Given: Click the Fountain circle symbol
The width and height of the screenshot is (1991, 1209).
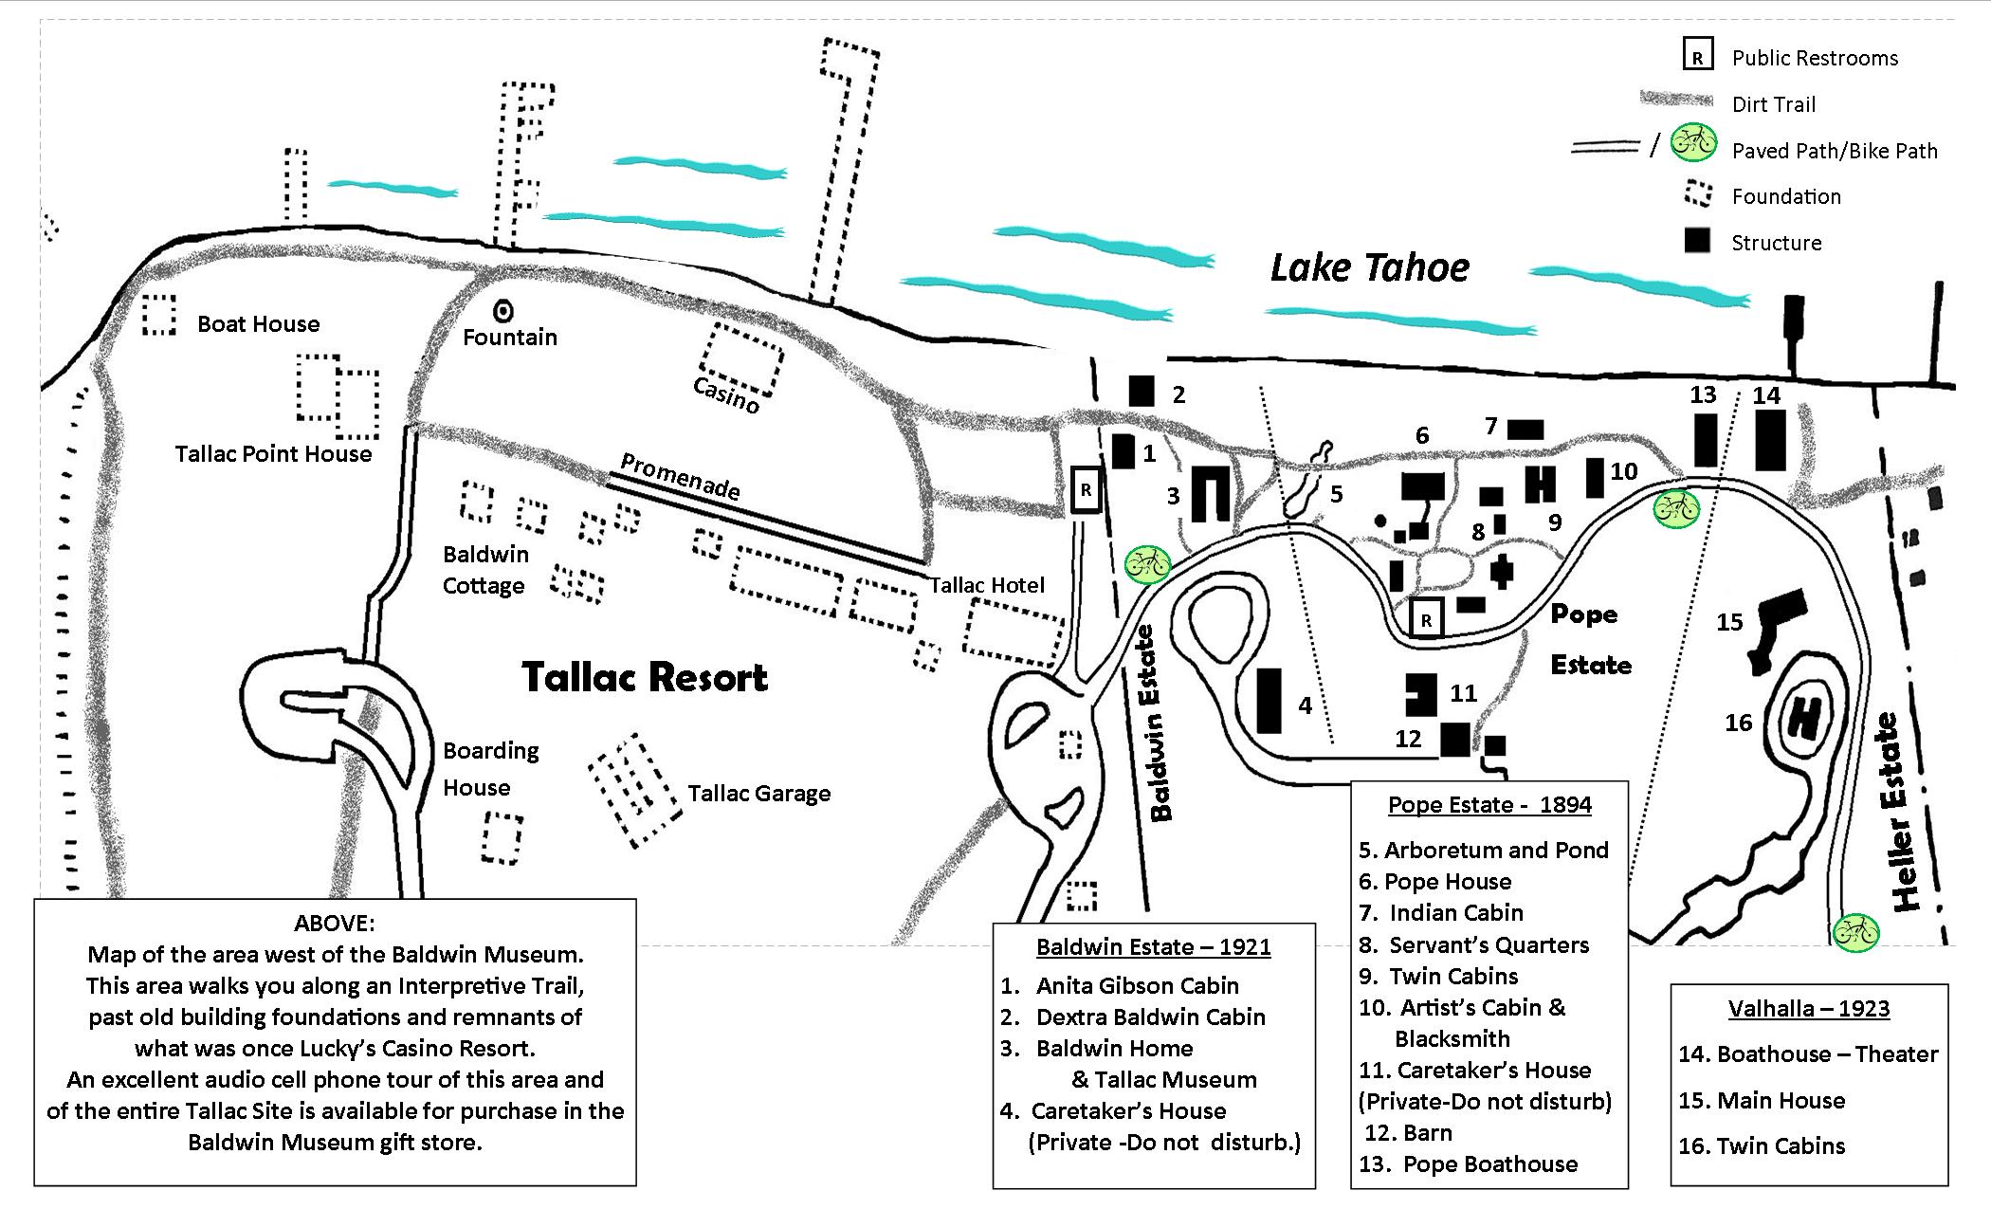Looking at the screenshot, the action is (503, 310).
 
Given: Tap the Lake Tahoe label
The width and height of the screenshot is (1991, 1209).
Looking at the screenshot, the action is (1369, 267).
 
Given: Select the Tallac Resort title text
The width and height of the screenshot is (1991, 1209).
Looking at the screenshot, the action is (645, 677).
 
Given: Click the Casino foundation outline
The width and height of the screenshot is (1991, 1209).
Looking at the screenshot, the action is (741, 360).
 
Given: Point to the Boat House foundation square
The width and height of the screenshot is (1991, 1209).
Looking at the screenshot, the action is (159, 314).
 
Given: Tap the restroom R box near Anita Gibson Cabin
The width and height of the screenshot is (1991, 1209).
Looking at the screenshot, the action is (1086, 490).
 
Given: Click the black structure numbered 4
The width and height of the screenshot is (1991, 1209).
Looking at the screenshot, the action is (1269, 701).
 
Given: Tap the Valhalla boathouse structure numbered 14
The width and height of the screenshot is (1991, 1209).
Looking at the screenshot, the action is (1770, 440).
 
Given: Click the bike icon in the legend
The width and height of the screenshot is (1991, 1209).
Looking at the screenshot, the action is (1692, 143).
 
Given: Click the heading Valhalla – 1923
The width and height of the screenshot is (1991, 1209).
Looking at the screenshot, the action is (1809, 1008).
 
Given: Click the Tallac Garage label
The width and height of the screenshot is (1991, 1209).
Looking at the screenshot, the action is (758, 794).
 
